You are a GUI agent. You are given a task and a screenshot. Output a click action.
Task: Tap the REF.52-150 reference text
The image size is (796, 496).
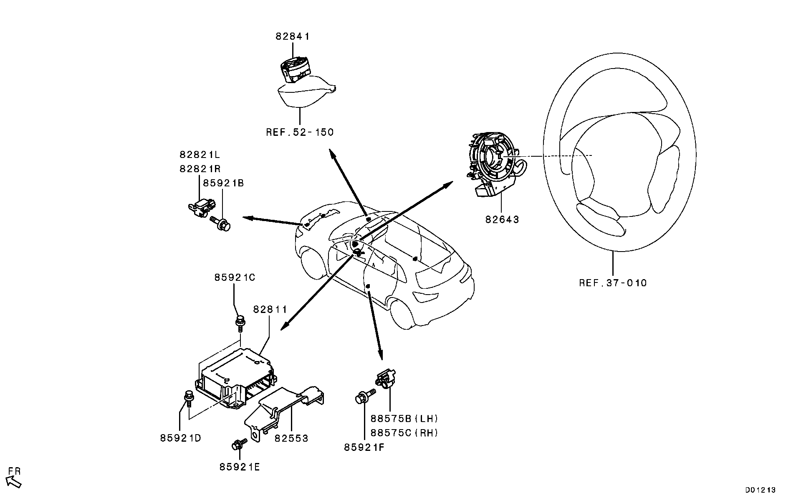[300, 132]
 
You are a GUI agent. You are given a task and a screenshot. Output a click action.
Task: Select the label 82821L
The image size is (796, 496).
[200, 155]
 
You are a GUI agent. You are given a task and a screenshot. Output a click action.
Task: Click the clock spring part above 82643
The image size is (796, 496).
[493, 163]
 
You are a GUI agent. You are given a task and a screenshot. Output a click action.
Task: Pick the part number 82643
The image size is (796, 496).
[502, 219]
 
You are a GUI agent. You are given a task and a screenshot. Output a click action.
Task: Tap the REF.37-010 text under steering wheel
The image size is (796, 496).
[612, 283]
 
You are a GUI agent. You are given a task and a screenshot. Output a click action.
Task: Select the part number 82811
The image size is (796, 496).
[270, 310]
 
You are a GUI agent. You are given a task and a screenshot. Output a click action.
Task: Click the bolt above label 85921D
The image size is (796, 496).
[189, 397]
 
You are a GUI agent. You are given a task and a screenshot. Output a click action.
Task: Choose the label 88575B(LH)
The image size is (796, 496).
[404, 419]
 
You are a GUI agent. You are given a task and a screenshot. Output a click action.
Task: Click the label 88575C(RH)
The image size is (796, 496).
[404, 433]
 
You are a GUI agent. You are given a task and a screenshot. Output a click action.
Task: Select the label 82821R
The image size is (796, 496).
[200, 169]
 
